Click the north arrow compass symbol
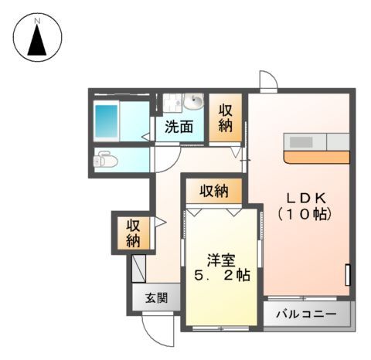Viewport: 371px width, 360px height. tap(37, 37)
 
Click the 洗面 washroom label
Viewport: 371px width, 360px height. tap(179, 127)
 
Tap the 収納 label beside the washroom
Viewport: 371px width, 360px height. tap(226, 118)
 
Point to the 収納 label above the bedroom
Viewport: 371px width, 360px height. tap(213, 190)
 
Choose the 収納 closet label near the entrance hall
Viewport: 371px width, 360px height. tap(133, 233)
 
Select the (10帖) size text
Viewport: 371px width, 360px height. tap(305, 213)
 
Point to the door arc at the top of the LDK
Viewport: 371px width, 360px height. tap(267, 80)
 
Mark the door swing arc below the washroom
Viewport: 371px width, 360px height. tap(165, 158)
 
